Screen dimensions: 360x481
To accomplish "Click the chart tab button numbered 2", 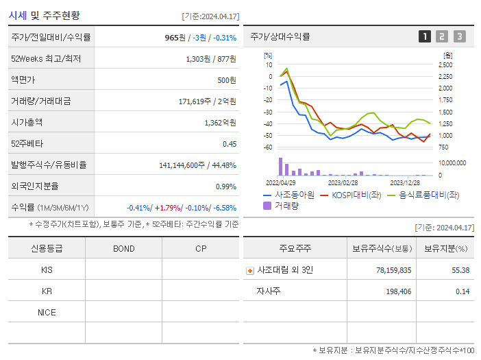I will click(x=442, y=36).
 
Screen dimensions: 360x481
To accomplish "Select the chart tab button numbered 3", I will click(x=459, y=36).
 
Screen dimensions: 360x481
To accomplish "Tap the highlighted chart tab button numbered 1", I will click(x=425, y=36).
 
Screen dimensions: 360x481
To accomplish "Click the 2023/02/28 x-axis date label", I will click(x=343, y=183).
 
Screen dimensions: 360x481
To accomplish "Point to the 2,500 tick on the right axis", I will click(x=445, y=64).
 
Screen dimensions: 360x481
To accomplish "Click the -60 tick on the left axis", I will click(x=268, y=147).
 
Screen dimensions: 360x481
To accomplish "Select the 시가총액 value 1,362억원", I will click(x=220, y=123).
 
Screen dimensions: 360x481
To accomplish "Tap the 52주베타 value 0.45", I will click(x=230, y=144).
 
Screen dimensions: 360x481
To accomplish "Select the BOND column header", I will click(x=123, y=248).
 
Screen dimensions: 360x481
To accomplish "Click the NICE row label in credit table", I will click(x=47, y=313).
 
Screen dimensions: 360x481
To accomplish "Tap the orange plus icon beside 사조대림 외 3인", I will click(x=249, y=270).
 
